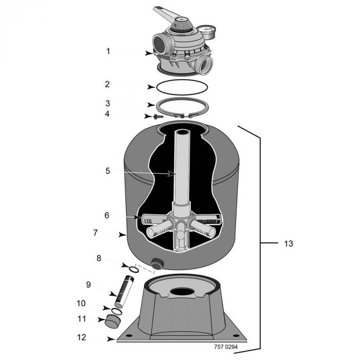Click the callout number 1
[108, 51]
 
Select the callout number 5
[107, 171]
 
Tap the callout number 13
[289, 243]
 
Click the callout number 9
[88, 284]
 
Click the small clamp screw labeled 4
[158, 116]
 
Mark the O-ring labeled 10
[116, 310]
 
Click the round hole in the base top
[182, 291]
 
